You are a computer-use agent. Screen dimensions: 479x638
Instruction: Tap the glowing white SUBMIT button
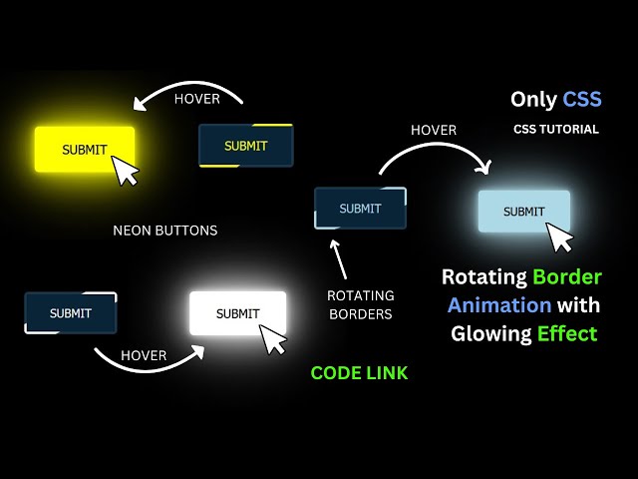click(x=237, y=313)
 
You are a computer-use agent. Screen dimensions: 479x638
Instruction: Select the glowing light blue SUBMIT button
click(x=523, y=211)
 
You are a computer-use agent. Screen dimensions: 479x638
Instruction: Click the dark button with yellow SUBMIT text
click(x=245, y=146)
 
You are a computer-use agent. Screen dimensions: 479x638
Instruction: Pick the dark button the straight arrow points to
click(x=360, y=209)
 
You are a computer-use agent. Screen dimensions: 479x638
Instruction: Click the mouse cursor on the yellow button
click(x=125, y=170)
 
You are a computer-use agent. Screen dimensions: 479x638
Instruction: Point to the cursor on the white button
click(x=273, y=339)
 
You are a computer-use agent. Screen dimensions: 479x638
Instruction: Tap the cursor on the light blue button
click(x=561, y=238)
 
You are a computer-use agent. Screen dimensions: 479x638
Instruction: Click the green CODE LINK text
click(x=359, y=373)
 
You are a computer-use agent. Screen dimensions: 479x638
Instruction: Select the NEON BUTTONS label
click(x=164, y=231)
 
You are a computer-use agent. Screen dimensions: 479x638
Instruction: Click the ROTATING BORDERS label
click(x=360, y=305)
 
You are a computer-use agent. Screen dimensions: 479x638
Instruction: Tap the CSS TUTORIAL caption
click(x=556, y=129)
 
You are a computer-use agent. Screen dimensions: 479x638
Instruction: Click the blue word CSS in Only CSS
click(x=582, y=99)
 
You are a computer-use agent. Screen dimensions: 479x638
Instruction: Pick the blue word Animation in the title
click(x=498, y=304)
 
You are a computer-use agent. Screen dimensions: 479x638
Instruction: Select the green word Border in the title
click(x=566, y=276)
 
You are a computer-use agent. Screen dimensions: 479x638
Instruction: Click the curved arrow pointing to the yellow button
click(x=188, y=91)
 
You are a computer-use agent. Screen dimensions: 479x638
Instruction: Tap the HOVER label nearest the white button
click(x=144, y=355)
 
